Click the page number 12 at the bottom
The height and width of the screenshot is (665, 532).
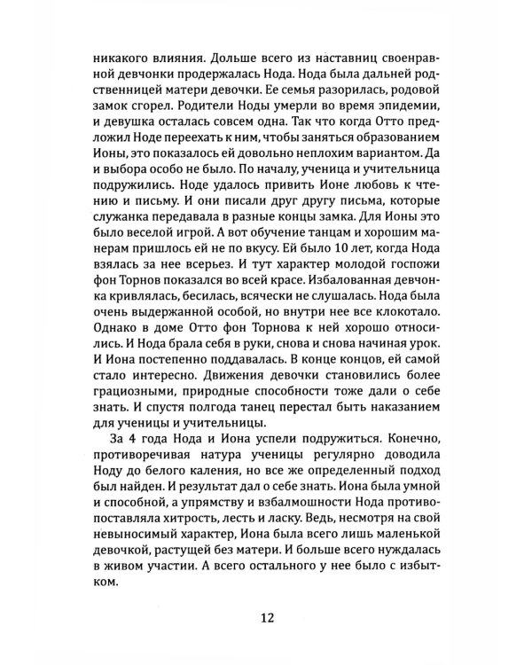coord(265,618)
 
